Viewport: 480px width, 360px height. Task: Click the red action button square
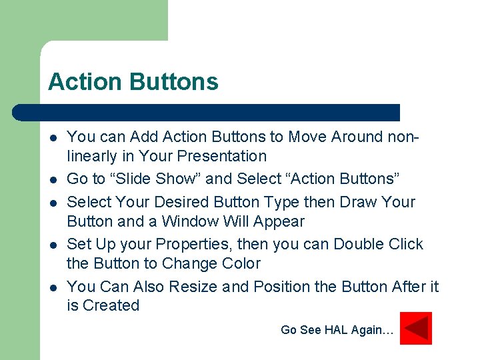pos(416,328)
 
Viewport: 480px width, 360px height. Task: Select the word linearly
pos(91,157)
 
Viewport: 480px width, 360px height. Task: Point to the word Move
pos(308,137)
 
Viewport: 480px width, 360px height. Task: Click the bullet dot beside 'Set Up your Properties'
pos(52,245)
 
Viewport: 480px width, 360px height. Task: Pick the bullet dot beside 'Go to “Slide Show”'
pos(52,180)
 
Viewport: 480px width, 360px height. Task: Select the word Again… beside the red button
pos(373,329)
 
